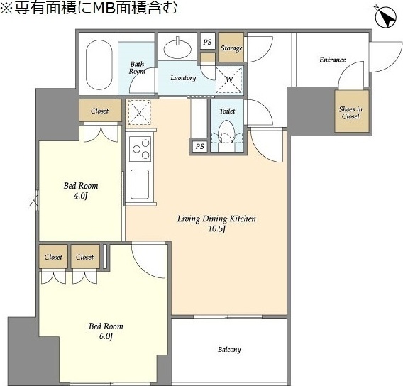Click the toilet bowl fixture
(x=227, y=133)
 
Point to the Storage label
(x=231, y=48)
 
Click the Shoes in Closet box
(x=350, y=112)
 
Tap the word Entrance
(x=332, y=60)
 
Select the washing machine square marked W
(x=229, y=79)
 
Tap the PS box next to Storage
(x=207, y=43)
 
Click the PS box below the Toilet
(x=200, y=146)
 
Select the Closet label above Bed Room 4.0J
(x=99, y=111)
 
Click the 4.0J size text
(x=81, y=196)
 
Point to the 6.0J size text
(x=106, y=336)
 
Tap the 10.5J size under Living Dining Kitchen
(x=216, y=229)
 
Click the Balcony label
(x=228, y=350)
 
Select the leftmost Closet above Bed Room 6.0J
(x=53, y=257)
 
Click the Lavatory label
(x=183, y=77)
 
